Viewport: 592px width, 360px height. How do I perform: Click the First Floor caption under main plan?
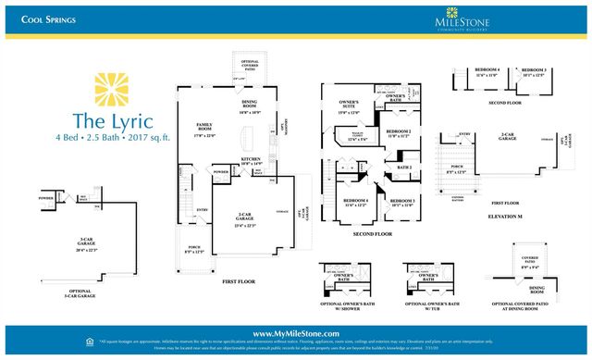click(240, 280)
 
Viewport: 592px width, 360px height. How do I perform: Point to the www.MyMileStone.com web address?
click(295, 332)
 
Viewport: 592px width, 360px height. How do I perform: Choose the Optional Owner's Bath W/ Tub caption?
click(428, 305)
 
